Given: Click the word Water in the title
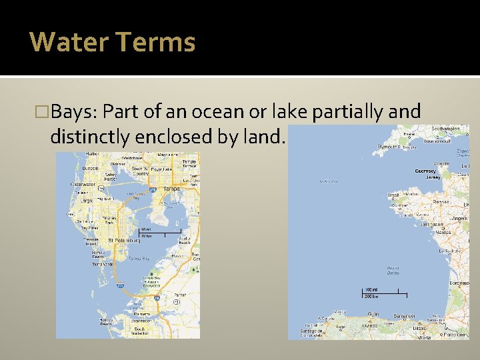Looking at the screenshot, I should (x=69, y=41).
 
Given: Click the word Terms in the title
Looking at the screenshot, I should (x=155, y=41).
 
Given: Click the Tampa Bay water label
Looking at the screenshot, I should (x=139, y=258).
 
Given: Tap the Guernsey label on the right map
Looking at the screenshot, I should (x=426, y=171).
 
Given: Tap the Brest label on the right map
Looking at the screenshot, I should (x=394, y=195).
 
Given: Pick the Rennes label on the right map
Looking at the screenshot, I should (x=441, y=201).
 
